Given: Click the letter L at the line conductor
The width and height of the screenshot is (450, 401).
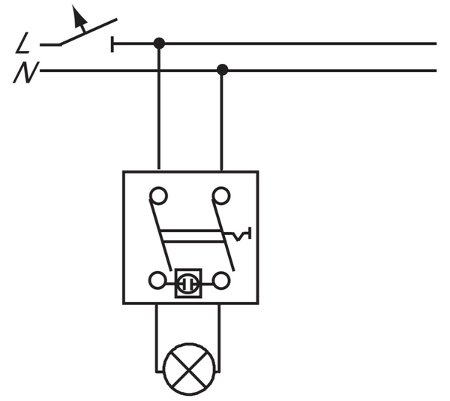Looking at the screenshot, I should (23, 46).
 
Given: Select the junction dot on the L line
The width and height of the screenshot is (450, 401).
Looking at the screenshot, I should (158, 43).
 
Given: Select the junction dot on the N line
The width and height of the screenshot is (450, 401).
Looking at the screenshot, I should (222, 70).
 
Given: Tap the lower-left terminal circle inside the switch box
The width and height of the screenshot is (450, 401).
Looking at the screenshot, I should (157, 282).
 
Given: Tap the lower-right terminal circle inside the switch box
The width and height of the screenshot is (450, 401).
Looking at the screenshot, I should (220, 282).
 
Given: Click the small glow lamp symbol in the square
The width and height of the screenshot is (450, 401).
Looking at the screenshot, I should (188, 284).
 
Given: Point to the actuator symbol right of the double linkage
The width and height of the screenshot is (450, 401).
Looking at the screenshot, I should (241, 237).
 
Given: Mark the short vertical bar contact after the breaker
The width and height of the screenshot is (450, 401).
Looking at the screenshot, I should (112, 44).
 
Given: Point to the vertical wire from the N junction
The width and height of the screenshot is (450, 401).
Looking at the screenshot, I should (222, 120).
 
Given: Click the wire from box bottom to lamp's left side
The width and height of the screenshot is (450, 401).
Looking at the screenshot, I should (157, 338).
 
